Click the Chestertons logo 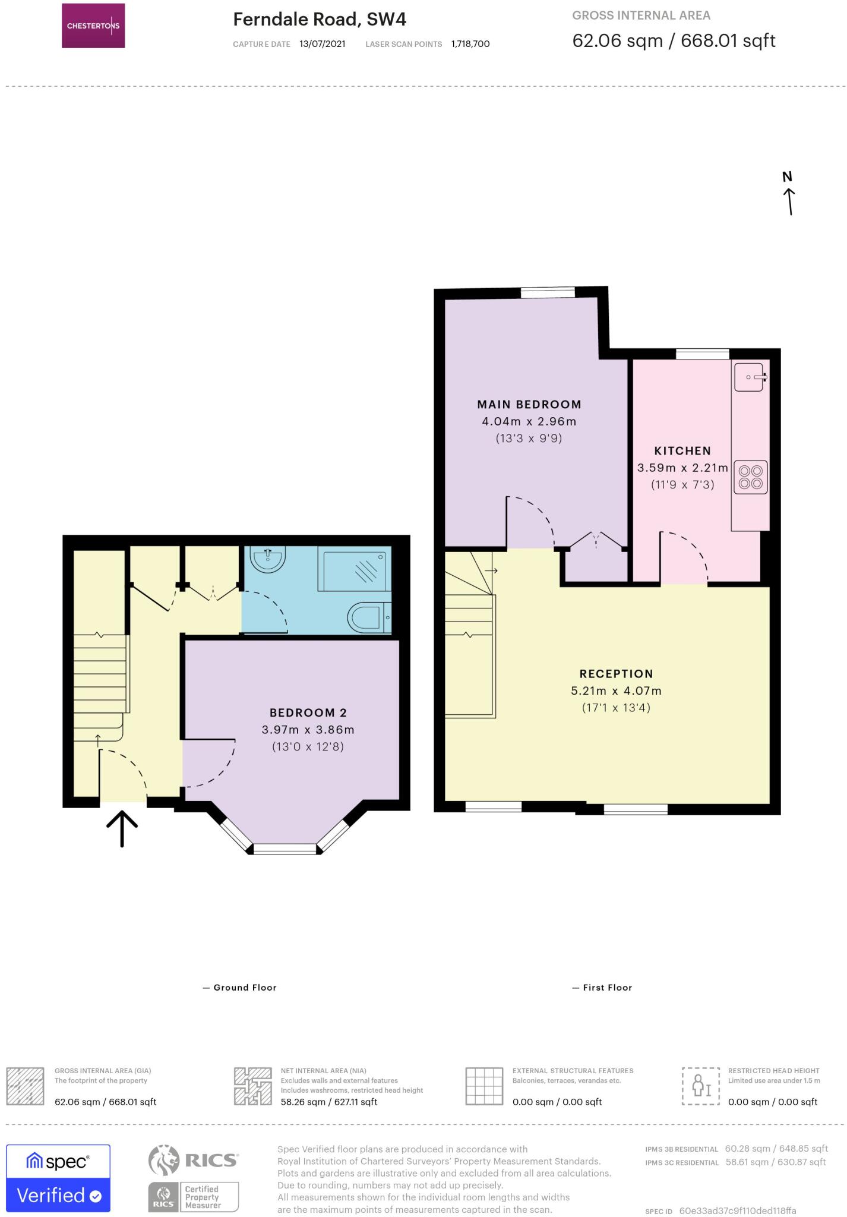point(93,26)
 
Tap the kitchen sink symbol point(749,377)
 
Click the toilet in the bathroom point(368,617)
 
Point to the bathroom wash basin point(268,559)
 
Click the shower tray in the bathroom point(355,569)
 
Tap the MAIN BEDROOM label point(529,405)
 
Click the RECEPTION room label point(616,674)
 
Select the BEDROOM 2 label point(308,712)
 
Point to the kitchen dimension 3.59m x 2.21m point(682,468)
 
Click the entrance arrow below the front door point(122,828)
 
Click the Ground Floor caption point(245,988)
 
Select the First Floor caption point(607,988)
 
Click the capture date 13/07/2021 point(322,44)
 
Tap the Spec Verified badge point(58,1178)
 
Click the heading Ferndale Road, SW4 point(320,20)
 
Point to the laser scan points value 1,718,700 point(470,44)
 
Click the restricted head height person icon point(701,1086)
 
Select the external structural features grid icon point(484,1086)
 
